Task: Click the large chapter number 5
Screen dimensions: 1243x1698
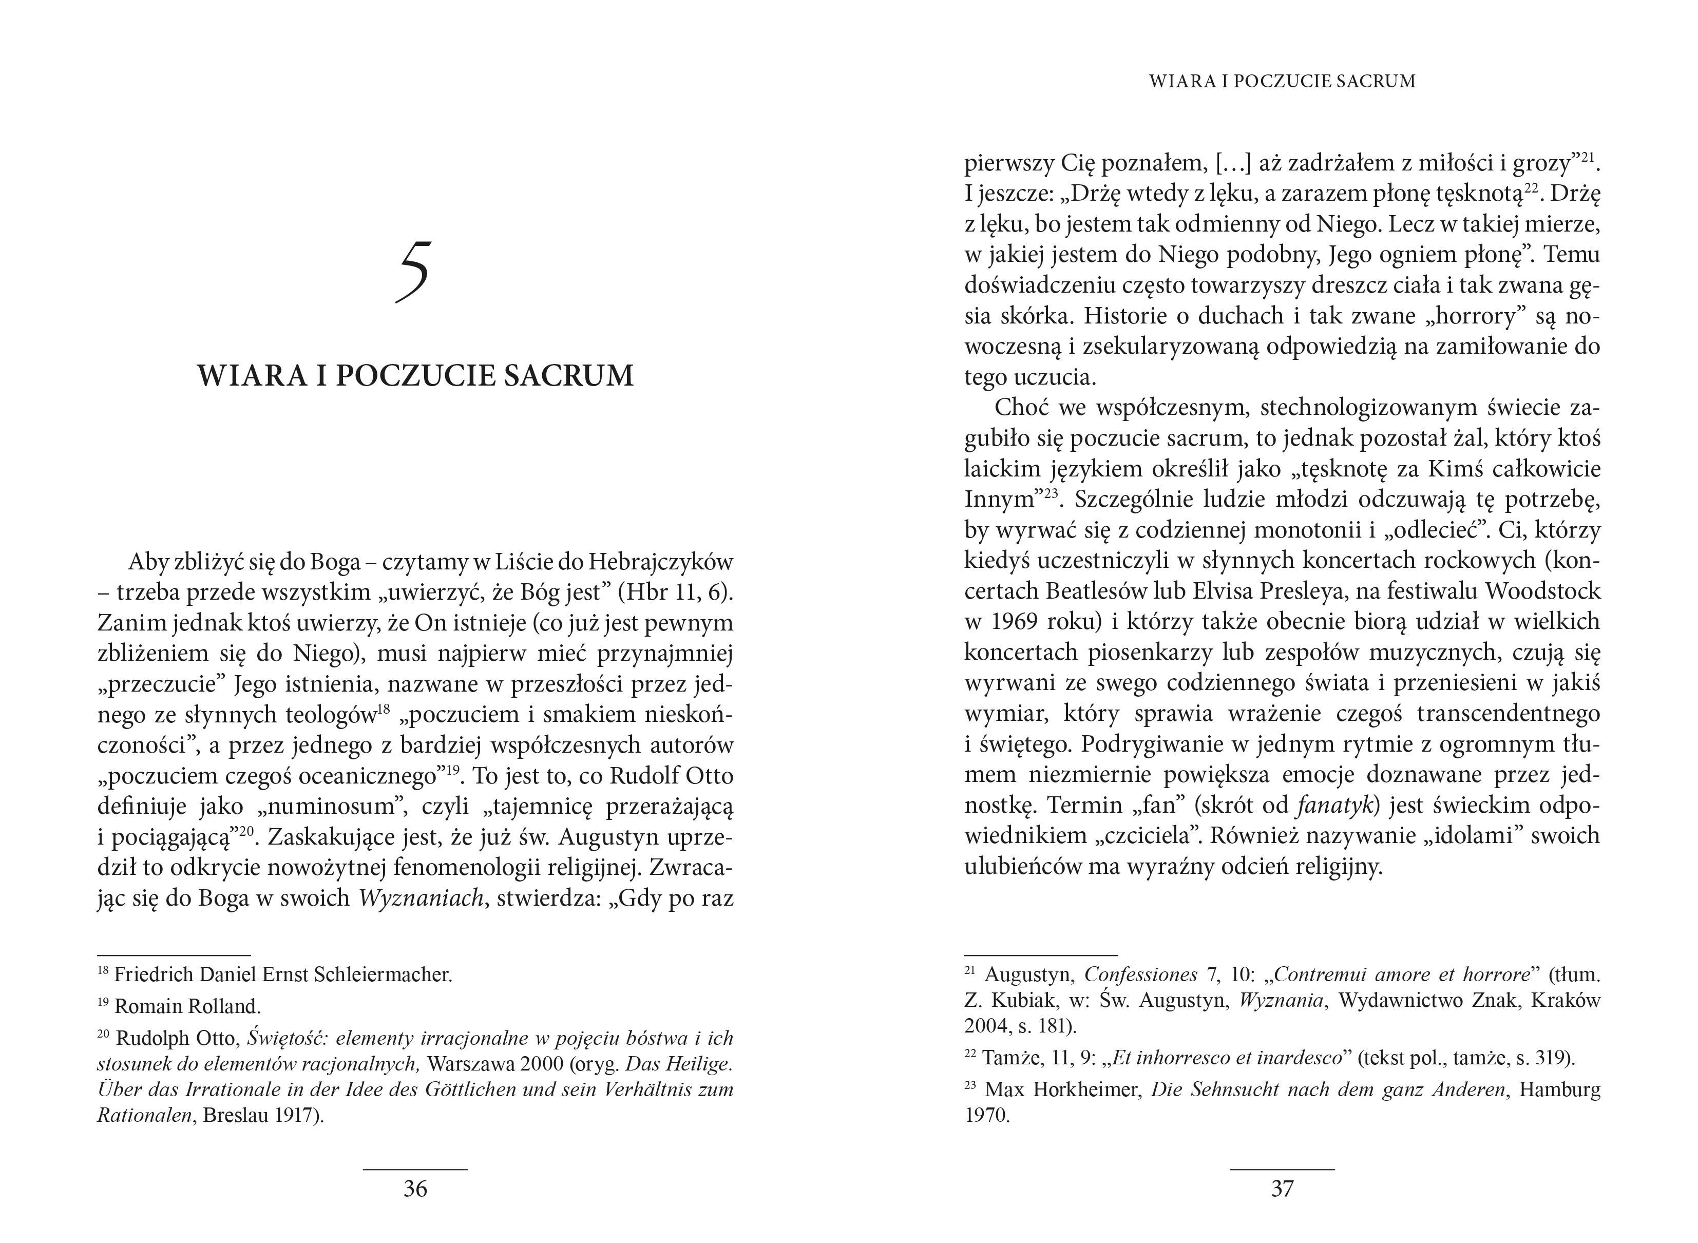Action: [414, 272]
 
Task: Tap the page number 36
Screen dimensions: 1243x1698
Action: [415, 1188]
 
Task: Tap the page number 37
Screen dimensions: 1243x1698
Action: [1282, 1188]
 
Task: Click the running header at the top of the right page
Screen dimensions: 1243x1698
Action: [1282, 81]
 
